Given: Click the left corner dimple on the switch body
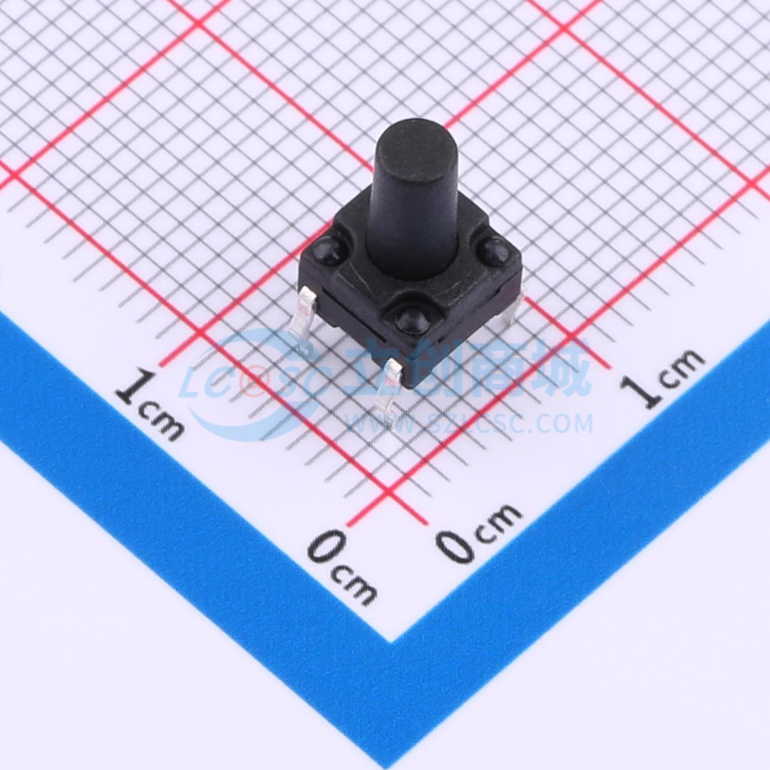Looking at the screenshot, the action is point(325,250).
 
